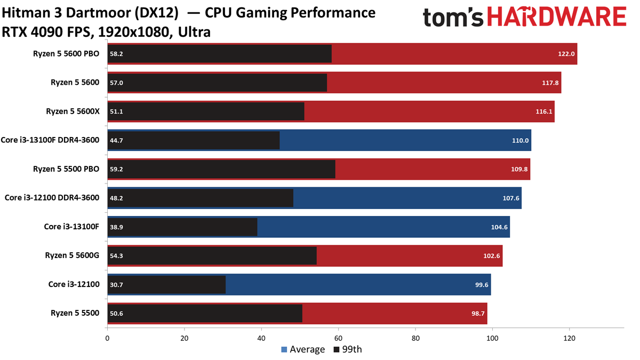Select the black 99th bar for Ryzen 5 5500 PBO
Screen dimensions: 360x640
(x=221, y=169)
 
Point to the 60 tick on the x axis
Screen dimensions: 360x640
(x=338, y=338)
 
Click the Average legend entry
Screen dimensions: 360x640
(x=302, y=350)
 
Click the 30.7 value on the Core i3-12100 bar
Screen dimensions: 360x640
(x=116, y=285)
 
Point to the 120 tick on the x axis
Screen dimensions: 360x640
(x=569, y=338)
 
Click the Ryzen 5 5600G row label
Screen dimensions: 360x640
(x=72, y=255)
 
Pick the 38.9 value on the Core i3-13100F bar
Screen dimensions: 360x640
(x=116, y=227)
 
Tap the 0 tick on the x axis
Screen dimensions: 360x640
(x=108, y=338)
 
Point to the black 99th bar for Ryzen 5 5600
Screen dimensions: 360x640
(x=217, y=83)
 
